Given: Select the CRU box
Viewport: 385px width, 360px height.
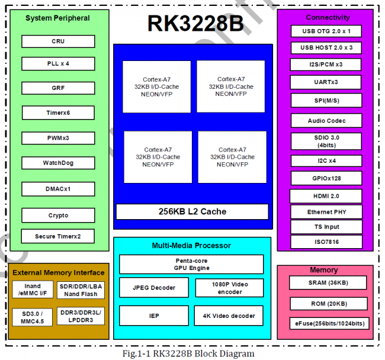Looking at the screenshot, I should (58, 41).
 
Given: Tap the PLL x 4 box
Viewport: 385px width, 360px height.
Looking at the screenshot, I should (58, 63).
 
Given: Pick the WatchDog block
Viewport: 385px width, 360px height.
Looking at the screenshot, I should (58, 163).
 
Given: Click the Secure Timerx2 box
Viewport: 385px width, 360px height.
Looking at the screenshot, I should (58, 236).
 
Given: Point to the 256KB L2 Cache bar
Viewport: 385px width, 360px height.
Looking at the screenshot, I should (192, 211).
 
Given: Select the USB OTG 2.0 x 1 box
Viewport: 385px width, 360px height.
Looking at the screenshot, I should (326, 31).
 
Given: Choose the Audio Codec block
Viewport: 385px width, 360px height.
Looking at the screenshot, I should (326, 121).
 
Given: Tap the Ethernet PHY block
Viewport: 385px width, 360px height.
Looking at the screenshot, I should (326, 212).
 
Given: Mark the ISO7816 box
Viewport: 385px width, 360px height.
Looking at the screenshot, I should (326, 242).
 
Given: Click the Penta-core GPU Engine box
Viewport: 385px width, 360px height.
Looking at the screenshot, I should (191, 264).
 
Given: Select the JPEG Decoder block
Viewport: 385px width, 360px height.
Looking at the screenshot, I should (154, 288).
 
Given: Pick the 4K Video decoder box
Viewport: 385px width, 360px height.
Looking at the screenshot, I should (229, 316).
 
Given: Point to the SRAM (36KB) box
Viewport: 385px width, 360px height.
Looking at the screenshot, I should (327, 284).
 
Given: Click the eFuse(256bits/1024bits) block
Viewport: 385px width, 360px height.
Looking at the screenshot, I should (327, 323).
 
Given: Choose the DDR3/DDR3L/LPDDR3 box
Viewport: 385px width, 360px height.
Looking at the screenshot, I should (81, 316).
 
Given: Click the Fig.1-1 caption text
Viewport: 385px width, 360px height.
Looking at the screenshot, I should (192, 353).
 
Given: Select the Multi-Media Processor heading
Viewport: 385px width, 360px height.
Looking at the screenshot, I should (191, 245).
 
